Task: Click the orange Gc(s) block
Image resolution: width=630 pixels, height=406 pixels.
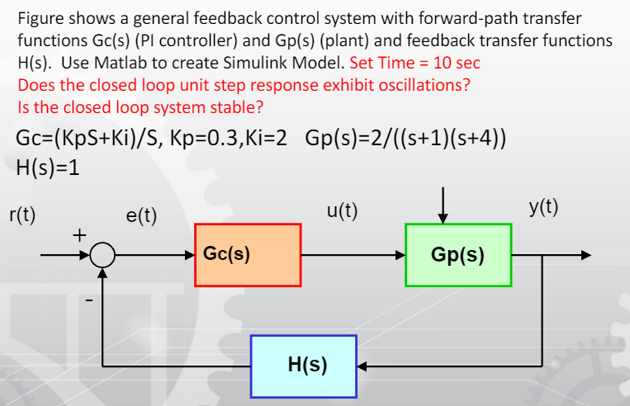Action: (x=249, y=254)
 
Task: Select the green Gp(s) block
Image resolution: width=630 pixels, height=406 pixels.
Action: (x=458, y=254)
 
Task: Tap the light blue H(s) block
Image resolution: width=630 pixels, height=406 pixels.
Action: (x=303, y=363)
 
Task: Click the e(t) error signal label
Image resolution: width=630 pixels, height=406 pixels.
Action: (x=141, y=216)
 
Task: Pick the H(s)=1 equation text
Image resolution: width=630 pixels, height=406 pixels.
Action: (x=48, y=165)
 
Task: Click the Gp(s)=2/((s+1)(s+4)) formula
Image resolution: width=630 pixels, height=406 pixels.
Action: (x=405, y=137)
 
